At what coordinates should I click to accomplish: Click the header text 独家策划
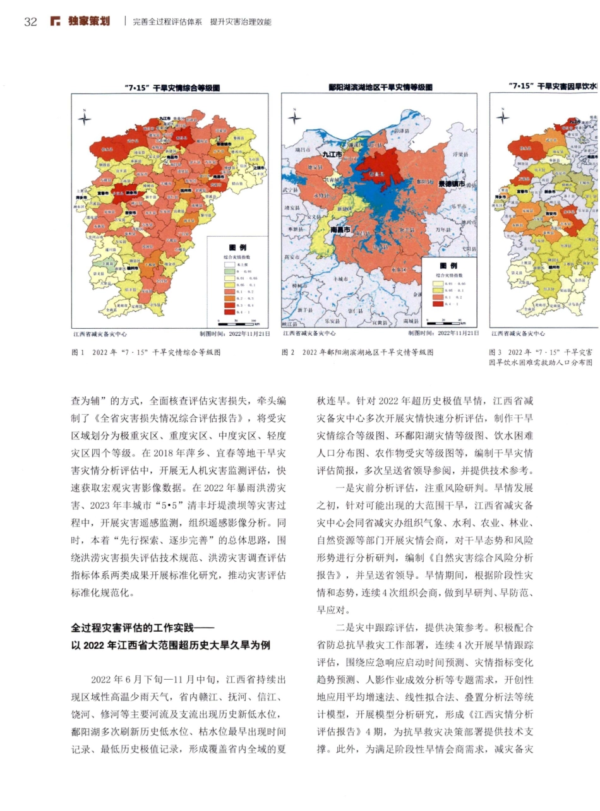(88, 22)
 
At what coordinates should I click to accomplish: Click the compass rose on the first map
(85, 118)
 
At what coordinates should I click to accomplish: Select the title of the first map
(169, 88)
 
